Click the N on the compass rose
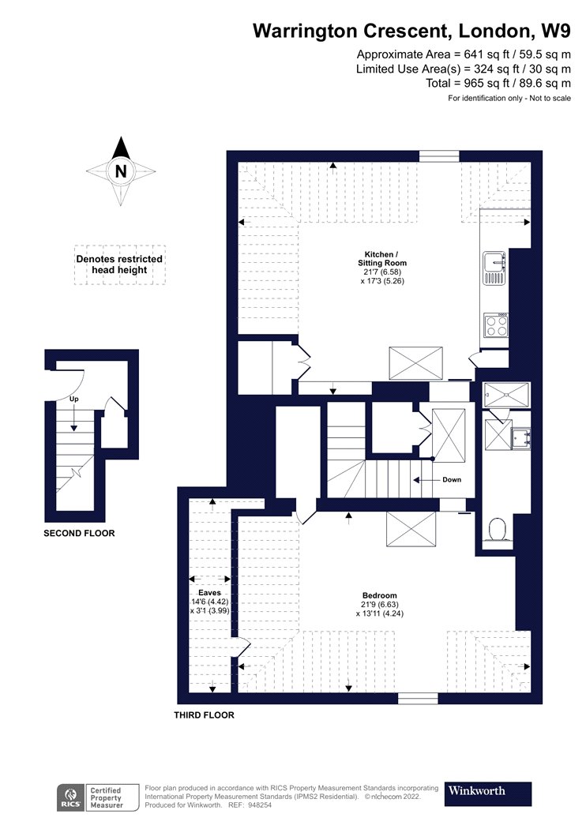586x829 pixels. click(121, 171)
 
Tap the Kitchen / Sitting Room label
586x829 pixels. click(382, 258)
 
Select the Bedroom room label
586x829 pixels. click(380, 595)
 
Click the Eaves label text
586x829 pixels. click(209, 593)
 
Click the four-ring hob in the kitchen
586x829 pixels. click(496, 325)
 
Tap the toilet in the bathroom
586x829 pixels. click(498, 529)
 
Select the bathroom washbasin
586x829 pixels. click(521, 437)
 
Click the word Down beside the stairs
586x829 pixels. click(452, 479)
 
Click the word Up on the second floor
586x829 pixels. click(74, 399)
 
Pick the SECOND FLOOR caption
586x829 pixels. click(79, 533)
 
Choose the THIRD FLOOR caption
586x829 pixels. click(204, 715)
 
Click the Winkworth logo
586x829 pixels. click(487, 793)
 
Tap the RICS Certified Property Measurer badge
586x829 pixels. click(98, 797)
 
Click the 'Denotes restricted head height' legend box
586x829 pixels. click(119, 264)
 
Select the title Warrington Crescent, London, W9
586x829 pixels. click(412, 31)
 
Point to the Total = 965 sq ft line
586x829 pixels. click(498, 83)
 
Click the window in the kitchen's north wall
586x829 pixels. click(439, 156)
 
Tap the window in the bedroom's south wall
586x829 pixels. click(418, 699)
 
